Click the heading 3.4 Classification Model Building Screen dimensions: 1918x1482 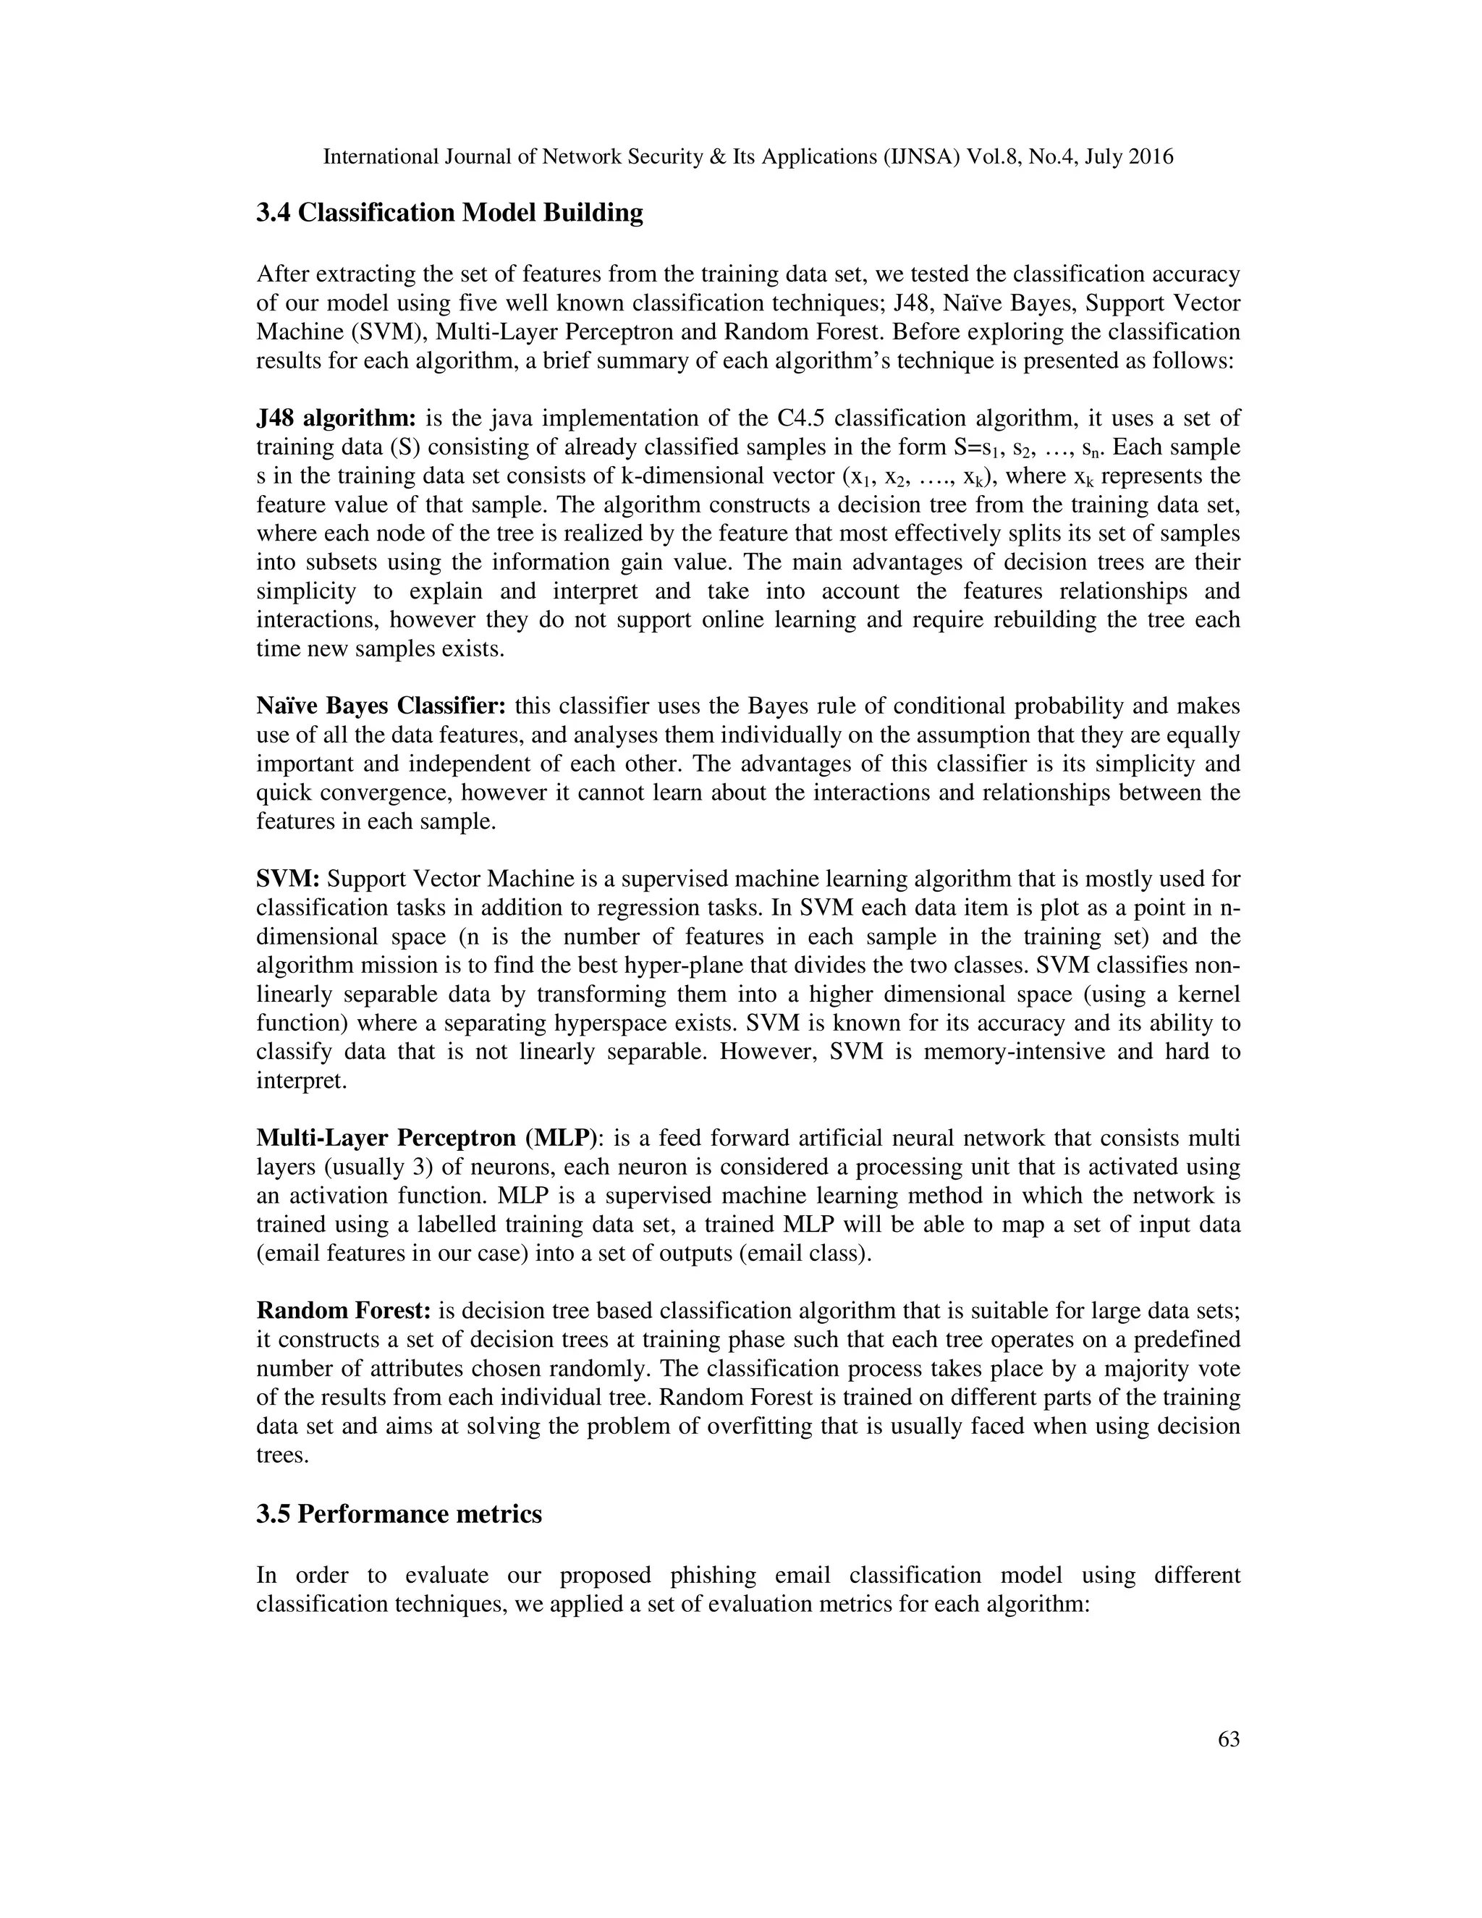[449, 214]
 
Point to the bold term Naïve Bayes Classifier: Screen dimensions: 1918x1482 [381, 706]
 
